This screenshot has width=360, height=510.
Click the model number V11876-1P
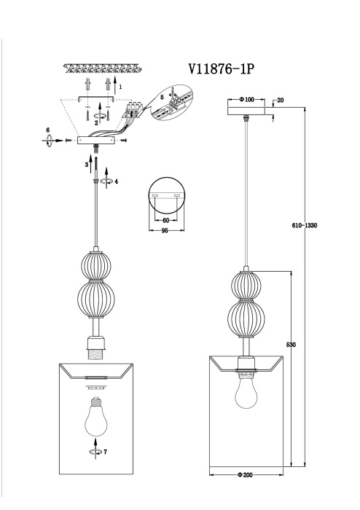coord(220,70)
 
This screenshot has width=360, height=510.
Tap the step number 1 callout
coord(120,87)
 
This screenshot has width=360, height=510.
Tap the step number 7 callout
coord(106,452)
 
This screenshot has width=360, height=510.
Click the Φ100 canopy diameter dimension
coord(244,98)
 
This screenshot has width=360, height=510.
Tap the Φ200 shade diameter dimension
coord(244,475)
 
